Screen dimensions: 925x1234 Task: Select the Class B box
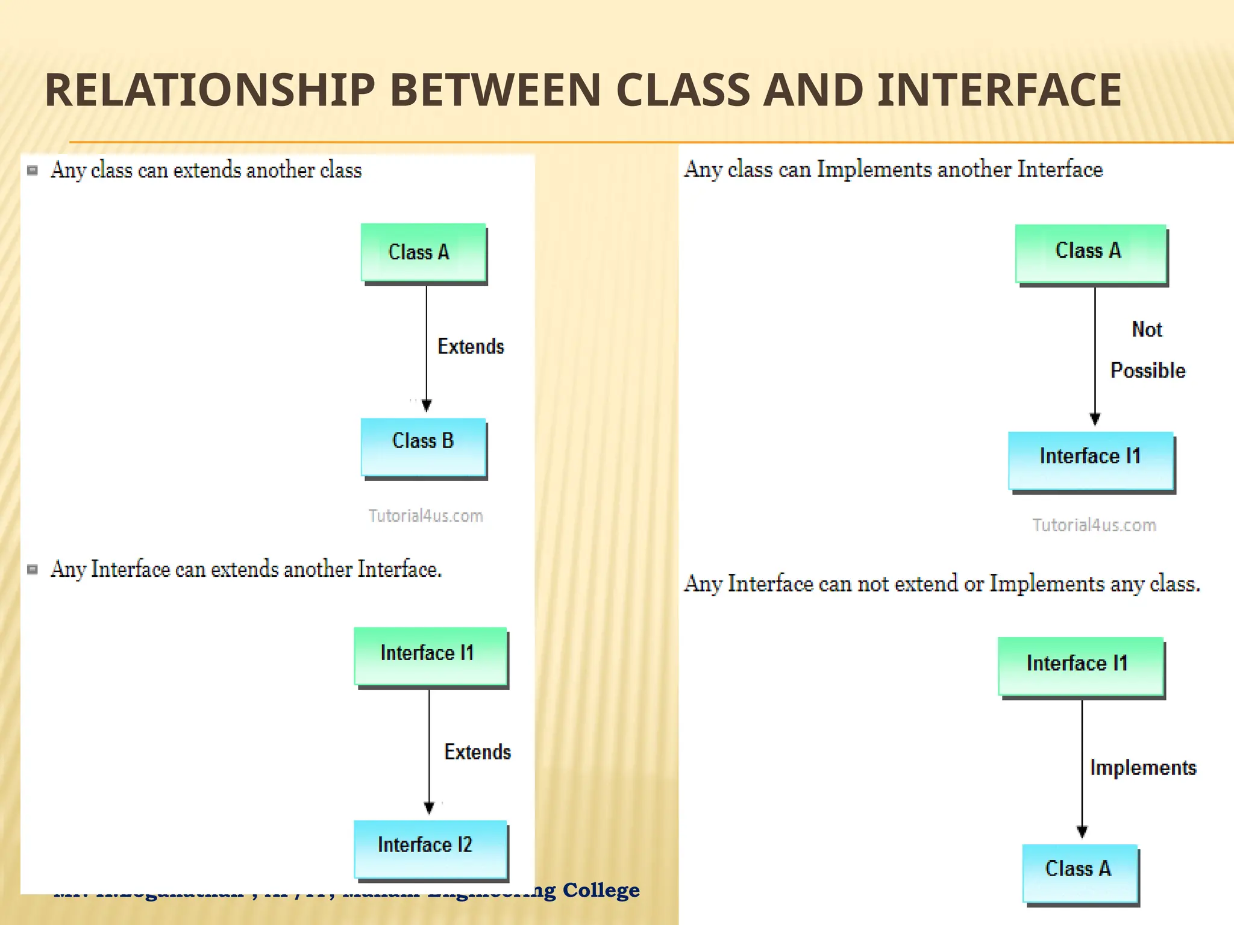tap(423, 446)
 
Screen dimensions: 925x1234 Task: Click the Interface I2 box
tap(430, 849)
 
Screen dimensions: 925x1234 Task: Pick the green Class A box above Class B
tap(423, 252)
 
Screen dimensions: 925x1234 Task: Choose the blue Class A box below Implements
tap(1079, 873)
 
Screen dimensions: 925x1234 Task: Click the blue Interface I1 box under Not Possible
tap(1091, 460)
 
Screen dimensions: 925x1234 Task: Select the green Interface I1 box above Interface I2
tap(430, 656)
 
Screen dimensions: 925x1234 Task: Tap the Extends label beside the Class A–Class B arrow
tap(471, 347)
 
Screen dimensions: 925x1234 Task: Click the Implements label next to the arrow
tap(1143, 768)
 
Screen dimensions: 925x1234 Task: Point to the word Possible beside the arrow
tap(1148, 370)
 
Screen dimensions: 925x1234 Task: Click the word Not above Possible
tap(1147, 329)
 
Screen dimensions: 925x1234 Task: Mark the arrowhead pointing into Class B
tap(427, 405)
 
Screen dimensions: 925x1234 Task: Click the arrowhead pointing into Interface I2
tap(429, 808)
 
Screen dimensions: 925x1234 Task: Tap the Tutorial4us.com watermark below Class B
tap(425, 516)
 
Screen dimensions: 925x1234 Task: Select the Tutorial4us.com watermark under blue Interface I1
tap(1094, 525)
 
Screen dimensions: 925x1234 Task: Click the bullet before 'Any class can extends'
tap(33, 170)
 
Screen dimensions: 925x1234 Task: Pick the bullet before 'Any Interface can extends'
tap(33, 570)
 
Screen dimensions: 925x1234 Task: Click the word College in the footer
tap(601, 890)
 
